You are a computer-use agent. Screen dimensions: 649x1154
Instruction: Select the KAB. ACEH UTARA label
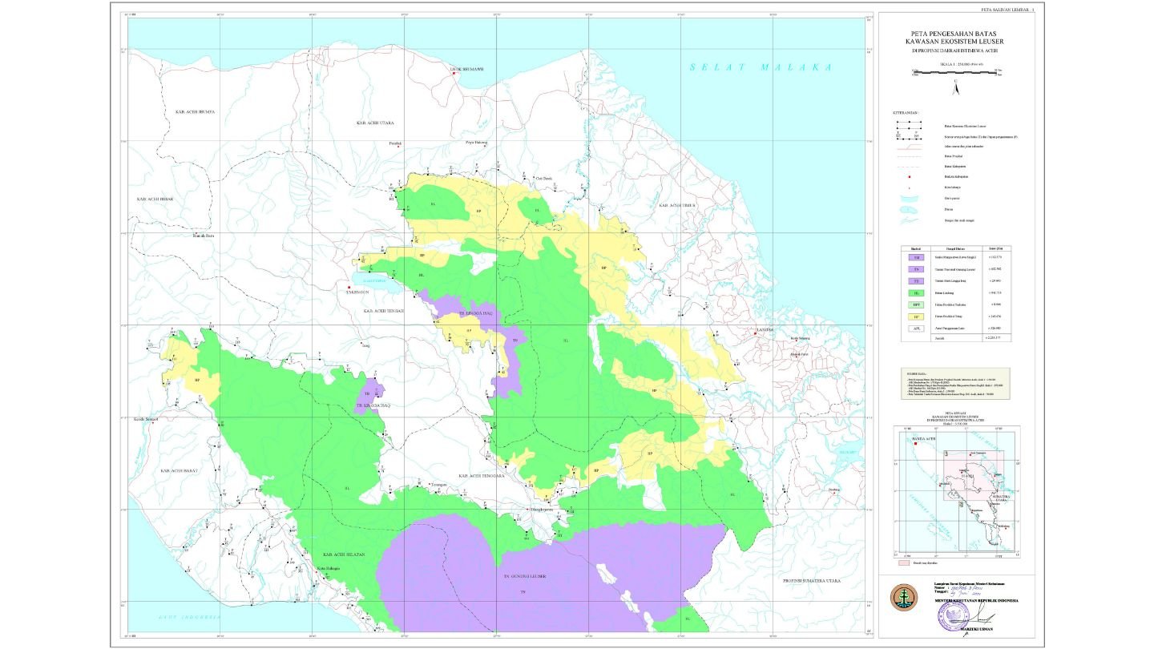(x=377, y=123)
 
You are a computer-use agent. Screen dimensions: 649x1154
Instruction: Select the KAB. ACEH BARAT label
(x=180, y=471)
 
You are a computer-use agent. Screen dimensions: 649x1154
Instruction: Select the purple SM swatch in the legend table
(x=916, y=257)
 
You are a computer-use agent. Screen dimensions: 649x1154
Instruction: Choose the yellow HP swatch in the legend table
(x=916, y=316)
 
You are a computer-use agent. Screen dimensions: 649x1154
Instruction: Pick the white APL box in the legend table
(x=916, y=328)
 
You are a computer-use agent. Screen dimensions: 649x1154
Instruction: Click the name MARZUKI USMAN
(x=954, y=629)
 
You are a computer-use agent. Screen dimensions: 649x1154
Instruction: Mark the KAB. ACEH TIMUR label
(x=674, y=206)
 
